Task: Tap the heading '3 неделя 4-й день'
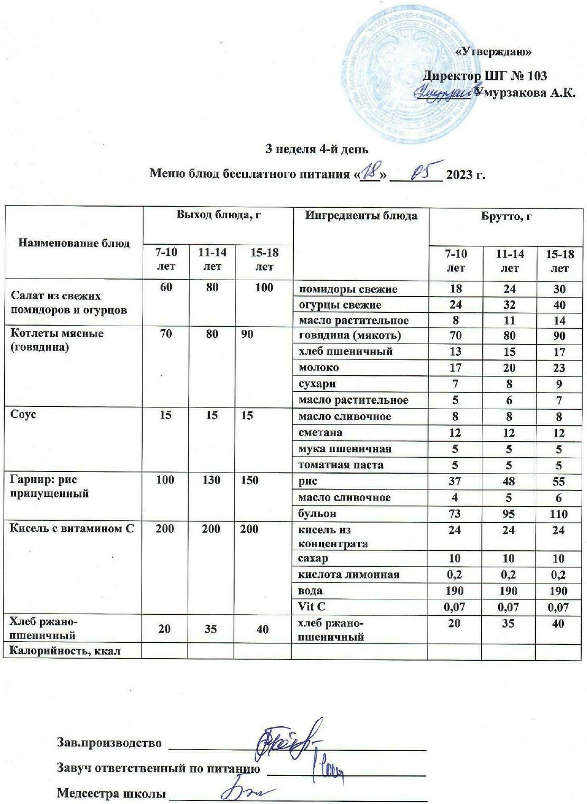[316, 149]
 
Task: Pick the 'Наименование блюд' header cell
[74, 243]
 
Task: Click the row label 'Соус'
[24, 415]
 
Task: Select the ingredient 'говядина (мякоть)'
[350, 335]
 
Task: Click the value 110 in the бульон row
[558, 514]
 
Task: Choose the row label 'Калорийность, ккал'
[66, 651]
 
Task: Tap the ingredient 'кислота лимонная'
[349, 575]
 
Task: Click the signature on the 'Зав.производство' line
[285, 741]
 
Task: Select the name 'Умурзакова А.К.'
[524, 94]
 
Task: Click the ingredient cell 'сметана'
[320, 432]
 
